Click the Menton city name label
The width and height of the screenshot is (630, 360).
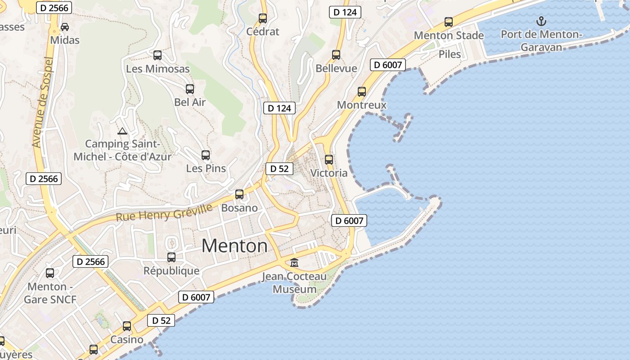tap(234, 246)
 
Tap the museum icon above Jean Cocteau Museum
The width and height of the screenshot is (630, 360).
tap(294, 262)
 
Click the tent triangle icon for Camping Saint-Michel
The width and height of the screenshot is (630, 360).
tap(122, 131)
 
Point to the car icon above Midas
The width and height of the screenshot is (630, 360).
tap(65, 27)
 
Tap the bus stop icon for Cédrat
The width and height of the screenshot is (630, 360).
tap(263, 18)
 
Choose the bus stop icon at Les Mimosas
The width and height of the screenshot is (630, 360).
tap(157, 55)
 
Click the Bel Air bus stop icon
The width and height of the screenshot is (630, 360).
tap(190, 89)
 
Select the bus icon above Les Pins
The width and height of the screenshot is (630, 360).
tap(206, 155)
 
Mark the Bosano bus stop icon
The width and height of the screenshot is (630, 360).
tap(239, 194)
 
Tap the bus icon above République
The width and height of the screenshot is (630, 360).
tap(171, 257)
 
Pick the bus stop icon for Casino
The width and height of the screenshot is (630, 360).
tap(127, 326)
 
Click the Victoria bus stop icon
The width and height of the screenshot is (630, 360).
tap(329, 160)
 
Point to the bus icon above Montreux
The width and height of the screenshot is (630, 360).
tap(362, 92)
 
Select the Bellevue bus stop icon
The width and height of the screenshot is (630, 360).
tap(336, 55)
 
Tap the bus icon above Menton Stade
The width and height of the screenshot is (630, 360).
tap(449, 22)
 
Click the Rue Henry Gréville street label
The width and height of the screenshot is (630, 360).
tap(164, 213)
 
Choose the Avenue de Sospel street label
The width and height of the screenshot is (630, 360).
tap(43, 103)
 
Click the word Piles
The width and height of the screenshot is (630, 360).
tap(450, 54)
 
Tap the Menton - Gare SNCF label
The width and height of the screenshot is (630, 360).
tap(50, 293)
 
